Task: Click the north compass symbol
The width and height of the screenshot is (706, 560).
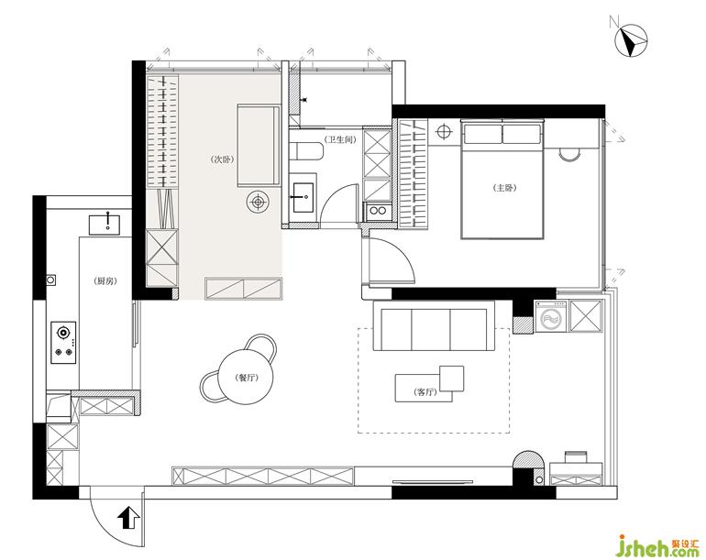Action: [631, 40]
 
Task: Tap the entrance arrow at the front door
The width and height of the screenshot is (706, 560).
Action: [128, 518]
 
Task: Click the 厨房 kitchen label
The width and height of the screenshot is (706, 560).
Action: [105, 280]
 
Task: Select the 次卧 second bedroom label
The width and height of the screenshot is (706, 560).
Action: [223, 159]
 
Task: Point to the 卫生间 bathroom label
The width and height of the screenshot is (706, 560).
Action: [340, 139]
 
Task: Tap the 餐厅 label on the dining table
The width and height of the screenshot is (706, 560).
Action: [247, 378]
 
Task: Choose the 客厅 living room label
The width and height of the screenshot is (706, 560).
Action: [425, 392]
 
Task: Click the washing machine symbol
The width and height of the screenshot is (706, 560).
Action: [551, 316]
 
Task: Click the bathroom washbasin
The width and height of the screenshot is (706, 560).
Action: [304, 197]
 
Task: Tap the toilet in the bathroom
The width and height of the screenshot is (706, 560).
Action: [306, 151]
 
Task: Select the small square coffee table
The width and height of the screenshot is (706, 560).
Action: [452, 379]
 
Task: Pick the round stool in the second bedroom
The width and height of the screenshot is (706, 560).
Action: [258, 203]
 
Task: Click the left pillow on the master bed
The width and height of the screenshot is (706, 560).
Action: [482, 134]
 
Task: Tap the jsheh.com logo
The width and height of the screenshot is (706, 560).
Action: [657, 544]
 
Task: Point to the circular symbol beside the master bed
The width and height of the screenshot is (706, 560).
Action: [444, 131]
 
